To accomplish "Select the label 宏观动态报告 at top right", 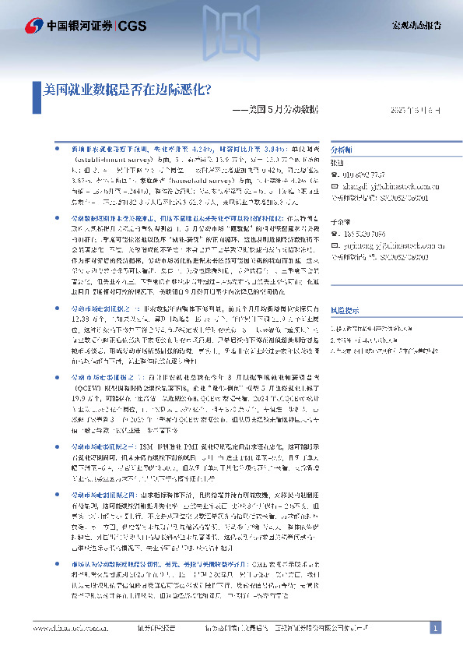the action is (416, 26).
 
